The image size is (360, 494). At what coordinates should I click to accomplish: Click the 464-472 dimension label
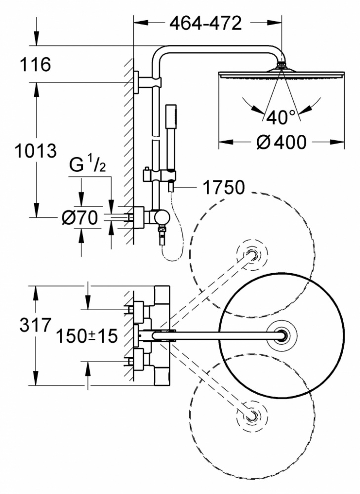pos(205,23)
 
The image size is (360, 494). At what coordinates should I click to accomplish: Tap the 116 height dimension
pos(35,65)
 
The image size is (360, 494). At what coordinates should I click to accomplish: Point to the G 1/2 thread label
pos(87,165)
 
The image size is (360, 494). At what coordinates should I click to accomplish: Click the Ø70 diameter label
pos(80,217)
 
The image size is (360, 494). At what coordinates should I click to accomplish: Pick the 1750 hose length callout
pos(223,187)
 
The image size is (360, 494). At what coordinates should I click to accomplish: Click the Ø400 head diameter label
pos(281,142)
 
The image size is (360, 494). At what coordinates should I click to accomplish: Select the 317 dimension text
pos(35,325)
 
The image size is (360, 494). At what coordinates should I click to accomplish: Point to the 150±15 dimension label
pos(86,335)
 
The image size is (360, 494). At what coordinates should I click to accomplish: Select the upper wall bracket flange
pos(136,82)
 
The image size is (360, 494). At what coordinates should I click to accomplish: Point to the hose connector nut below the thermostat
pos(161,235)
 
